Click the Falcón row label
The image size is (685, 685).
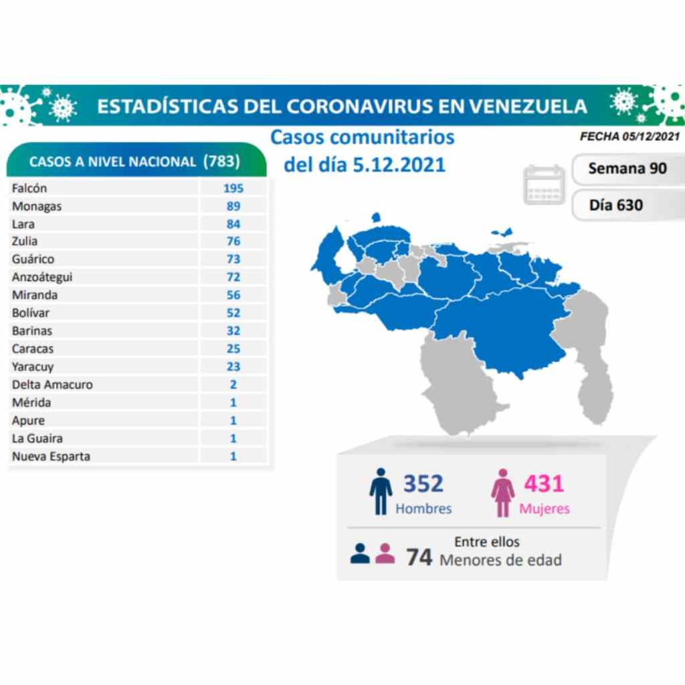[29, 189]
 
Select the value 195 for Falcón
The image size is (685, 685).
[233, 189]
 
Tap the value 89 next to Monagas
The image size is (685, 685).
[233, 206]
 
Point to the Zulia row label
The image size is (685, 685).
[25, 241]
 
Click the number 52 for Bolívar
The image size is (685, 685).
[233, 312]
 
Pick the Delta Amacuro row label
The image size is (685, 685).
[52, 385]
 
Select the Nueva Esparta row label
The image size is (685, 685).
[51, 456]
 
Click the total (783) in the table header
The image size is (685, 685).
[221, 161]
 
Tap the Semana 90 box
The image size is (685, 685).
[627, 169]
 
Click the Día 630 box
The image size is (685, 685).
[616, 205]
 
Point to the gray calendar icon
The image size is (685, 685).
[544, 185]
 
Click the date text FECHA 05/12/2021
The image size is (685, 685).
[629, 136]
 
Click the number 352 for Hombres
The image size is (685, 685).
[423, 483]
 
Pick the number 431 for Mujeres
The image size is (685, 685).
[544, 483]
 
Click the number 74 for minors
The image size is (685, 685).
[419, 556]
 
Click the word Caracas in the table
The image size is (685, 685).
[33, 349]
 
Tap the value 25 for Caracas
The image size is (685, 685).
[233, 349]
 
